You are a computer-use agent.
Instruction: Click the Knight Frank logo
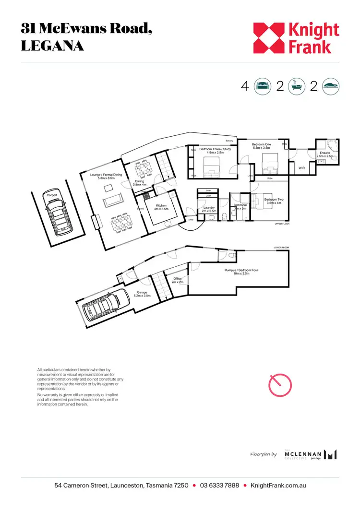coord(296,38)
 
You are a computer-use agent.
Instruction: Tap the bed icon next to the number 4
coord(262,86)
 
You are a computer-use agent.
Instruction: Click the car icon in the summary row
coord(331,86)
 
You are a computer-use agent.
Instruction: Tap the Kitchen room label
coord(160,207)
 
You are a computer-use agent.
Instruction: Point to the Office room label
coord(178,280)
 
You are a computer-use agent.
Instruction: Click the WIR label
coord(302,167)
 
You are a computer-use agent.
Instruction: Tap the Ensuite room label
coord(324,154)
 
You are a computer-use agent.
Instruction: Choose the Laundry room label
coord(209,209)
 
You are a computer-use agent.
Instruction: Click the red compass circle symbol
coord(279,384)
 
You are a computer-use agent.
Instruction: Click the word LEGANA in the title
coord(52,46)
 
